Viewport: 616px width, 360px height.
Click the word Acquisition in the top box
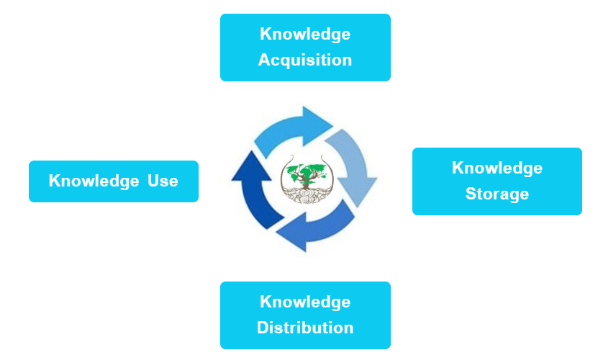(305, 60)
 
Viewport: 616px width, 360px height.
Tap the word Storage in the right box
(497, 194)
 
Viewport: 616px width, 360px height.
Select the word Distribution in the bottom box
(305, 328)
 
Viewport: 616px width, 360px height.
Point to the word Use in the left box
(163, 181)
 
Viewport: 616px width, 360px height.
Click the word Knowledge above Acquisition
(305, 34)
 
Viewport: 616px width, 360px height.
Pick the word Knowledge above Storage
(497, 168)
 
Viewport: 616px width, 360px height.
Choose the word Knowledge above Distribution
(305, 302)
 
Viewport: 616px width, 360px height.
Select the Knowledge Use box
(113, 181)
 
